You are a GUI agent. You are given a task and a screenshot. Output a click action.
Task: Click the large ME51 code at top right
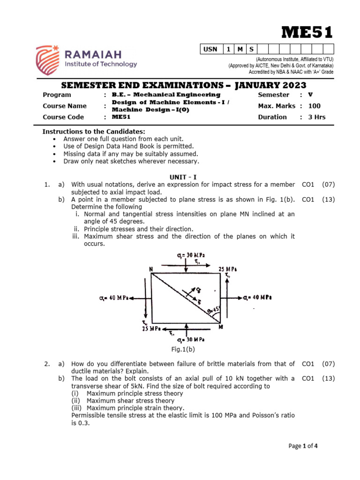pos(307,32)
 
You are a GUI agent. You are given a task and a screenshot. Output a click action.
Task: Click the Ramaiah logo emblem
pos(48,60)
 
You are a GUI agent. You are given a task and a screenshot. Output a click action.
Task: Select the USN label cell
pos(210,49)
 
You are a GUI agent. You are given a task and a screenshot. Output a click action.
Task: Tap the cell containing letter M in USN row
pos(240,49)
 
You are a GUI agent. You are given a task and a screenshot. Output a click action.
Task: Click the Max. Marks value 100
pos(314,106)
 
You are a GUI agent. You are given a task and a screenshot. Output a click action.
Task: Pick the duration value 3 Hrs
pos(316,117)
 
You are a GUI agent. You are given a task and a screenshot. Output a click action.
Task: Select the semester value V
pos(310,95)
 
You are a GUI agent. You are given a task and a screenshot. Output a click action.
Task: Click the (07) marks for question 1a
pos(328,185)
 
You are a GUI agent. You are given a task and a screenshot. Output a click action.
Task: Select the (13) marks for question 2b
pos(328,378)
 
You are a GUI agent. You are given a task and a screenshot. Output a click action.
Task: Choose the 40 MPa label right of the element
pos(258,298)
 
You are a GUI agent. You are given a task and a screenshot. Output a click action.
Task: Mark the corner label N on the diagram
pos(151,269)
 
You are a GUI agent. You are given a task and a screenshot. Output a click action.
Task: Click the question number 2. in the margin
pos(47,364)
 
